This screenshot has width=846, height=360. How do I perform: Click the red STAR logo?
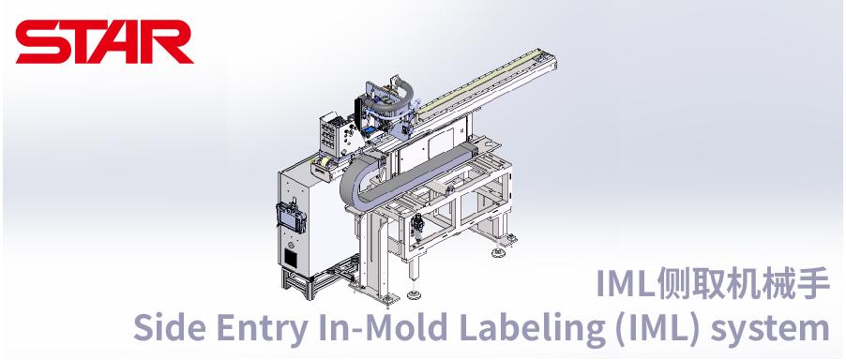click(104, 42)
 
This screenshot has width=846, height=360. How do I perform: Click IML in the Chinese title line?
click(625, 283)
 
